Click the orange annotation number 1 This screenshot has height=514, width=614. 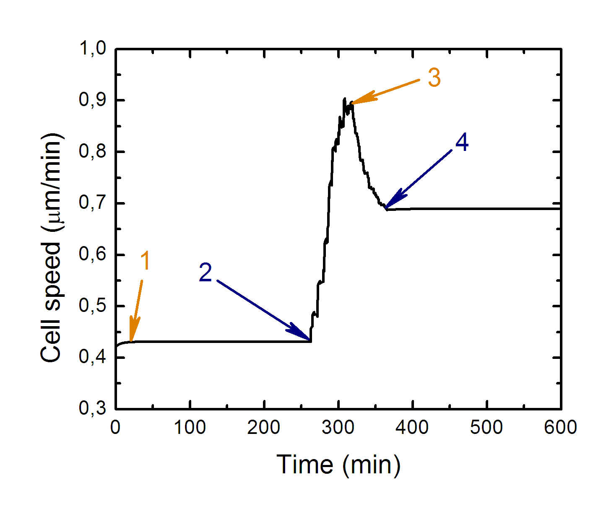pos(145,261)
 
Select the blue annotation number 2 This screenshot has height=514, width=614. pos(206,273)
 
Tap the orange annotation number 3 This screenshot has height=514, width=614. pos(434,78)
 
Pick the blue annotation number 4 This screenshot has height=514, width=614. pos(462,143)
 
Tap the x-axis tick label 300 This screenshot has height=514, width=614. pos(338,428)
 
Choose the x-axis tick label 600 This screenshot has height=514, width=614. pos(560,428)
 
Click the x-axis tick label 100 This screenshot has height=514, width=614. pos(190,428)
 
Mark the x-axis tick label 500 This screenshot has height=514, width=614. pos(487,428)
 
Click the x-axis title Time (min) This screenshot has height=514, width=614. pos(338,465)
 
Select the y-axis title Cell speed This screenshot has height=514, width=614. pos(51,247)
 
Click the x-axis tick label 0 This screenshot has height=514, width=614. pos(116,428)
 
